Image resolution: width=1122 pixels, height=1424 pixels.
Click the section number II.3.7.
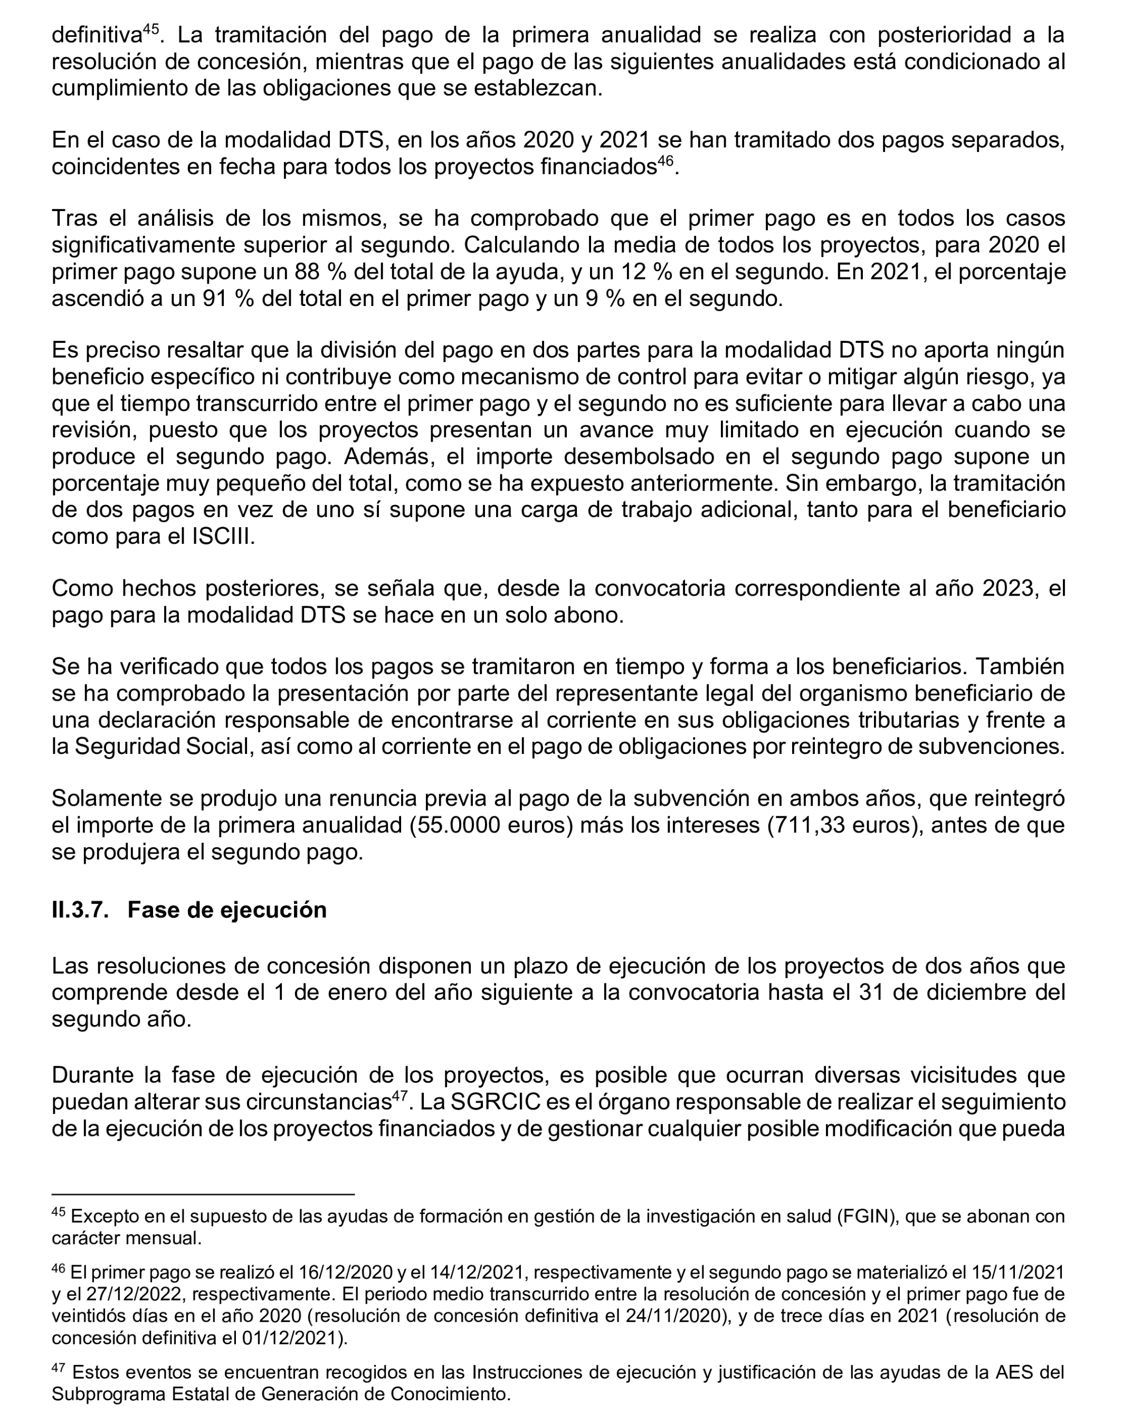[x=80, y=910]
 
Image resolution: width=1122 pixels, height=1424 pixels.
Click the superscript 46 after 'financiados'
[x=666, y=161]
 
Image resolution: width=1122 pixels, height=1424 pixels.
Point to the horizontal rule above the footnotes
[x=203, y=1194]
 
